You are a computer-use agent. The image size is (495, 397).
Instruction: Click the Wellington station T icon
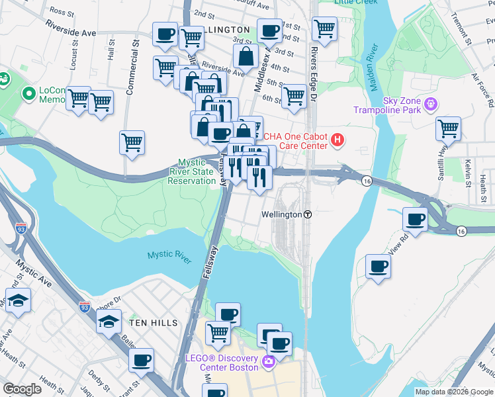[308, 215]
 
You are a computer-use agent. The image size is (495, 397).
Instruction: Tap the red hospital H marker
[337, 140]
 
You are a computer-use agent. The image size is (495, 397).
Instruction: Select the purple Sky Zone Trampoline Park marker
[431, 104]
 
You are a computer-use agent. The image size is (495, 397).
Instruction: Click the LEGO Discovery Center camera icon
[269, 361]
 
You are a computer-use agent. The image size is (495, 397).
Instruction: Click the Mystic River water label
[169, 255]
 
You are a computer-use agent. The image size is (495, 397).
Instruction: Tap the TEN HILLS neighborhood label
[154, 322]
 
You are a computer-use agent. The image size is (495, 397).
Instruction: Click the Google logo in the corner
[22, 389]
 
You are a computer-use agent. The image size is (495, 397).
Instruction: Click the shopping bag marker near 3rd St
[246, 57]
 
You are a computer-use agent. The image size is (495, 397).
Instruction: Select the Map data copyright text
[454, 392]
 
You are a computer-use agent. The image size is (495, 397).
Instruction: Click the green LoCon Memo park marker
[28, 94]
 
